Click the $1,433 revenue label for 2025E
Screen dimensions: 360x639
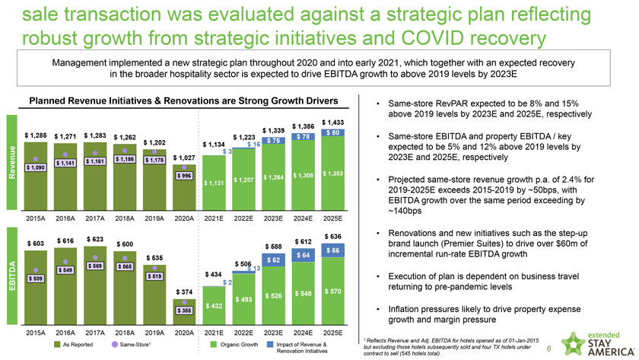[x=333, y=122]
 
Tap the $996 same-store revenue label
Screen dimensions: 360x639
[x=183, y=176]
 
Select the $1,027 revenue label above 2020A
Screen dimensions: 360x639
[x=183, y=158]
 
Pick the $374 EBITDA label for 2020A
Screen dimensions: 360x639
[x=183, y=292]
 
